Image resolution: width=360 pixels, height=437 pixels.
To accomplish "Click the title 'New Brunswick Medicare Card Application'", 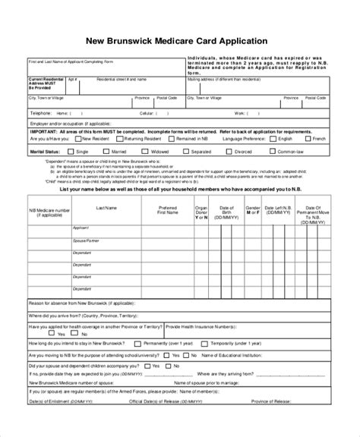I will pyautogui.click(x=180, y=39).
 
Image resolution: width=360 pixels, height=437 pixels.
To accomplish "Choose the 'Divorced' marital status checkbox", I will pyautogui.click(x=248, y=150).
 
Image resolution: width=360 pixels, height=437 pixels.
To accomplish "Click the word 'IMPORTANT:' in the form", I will pyautogui.click(x=43, y=130).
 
